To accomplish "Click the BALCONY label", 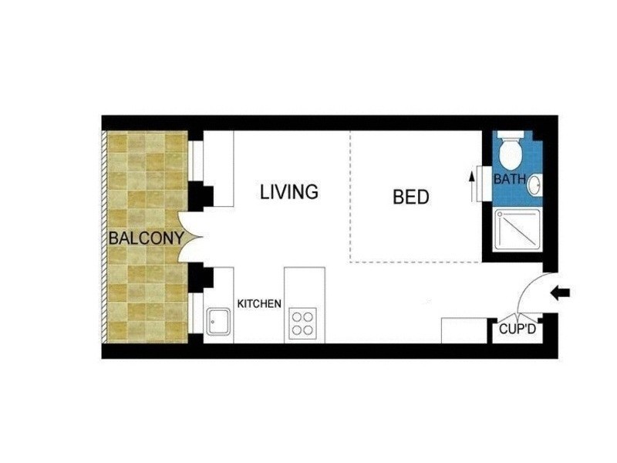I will [x=146, y=238].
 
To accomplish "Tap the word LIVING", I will [x=288, y=191].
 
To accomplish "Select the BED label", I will [x=410, y=197].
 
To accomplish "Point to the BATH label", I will [x=509, y=180].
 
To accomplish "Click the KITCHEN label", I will [x=259, y=303].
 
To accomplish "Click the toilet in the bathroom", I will [x=511, y=154].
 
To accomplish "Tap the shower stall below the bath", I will [x=512, y=229].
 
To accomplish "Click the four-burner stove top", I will [x=303, y=322].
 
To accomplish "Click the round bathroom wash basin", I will [x=536, y=184].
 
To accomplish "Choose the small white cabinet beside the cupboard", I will [x=464, y=330].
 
